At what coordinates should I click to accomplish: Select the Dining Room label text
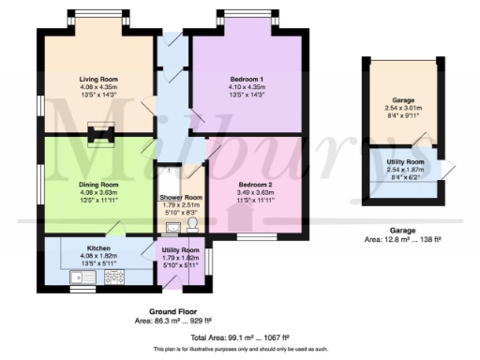pyautogui.click(x=97, y=185)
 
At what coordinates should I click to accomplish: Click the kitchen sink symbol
pyautogui.click(x=78, y=277)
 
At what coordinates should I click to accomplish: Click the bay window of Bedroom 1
pyautogui.click(x=247, y=22)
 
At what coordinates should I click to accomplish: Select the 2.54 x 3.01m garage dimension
pyautogui.click(x=402, y=109)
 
